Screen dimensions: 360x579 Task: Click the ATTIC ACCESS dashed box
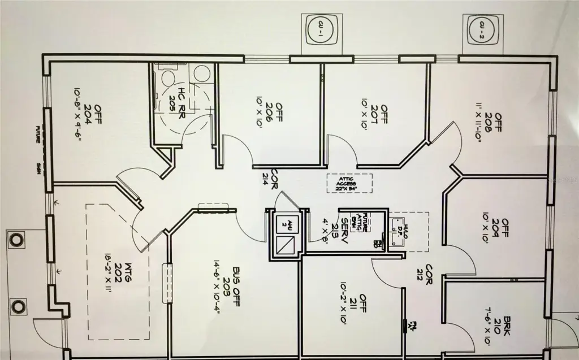(x=349, y=183)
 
